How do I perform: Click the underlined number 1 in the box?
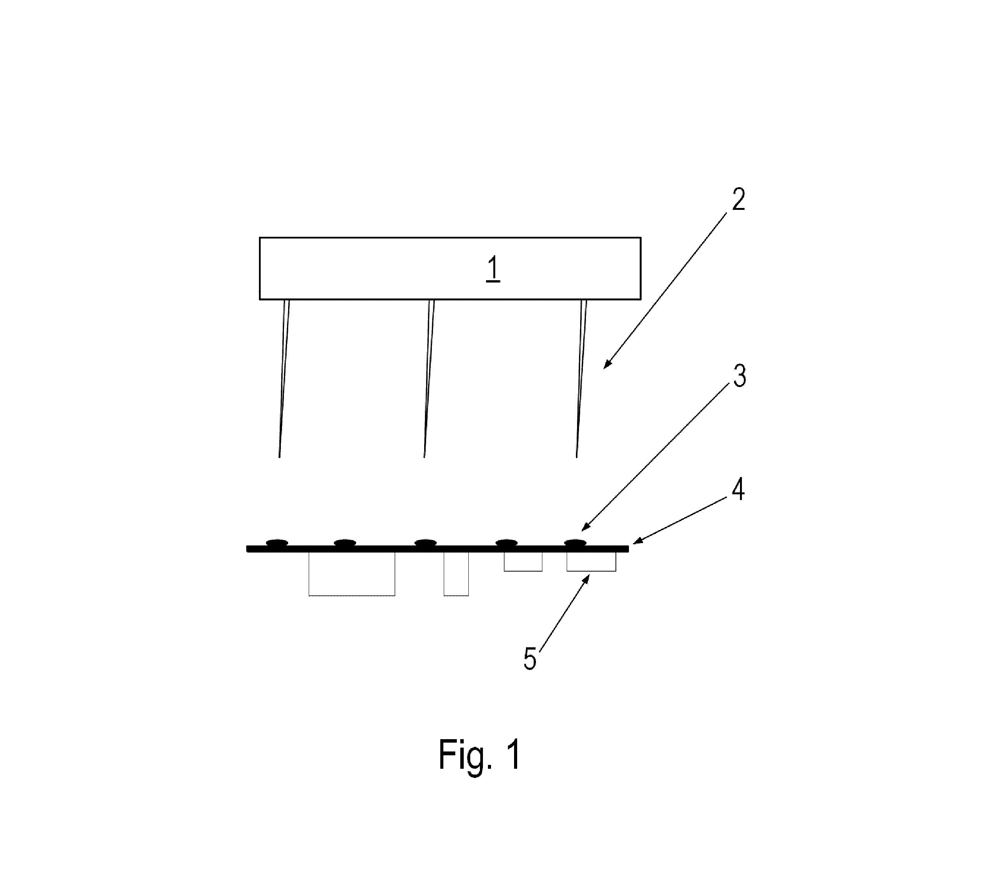tap(493, 269)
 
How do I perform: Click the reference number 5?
tap(530, 659)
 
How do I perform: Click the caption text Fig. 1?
tap(479, 755)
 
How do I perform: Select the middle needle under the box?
tap(429, 379)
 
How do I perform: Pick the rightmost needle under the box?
tap(581, 379)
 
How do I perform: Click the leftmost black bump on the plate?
tap(277, 542)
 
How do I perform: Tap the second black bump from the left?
tap(345, 542)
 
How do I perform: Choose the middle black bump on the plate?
tap(425, 542)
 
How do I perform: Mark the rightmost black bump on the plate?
tap(575, 542)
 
